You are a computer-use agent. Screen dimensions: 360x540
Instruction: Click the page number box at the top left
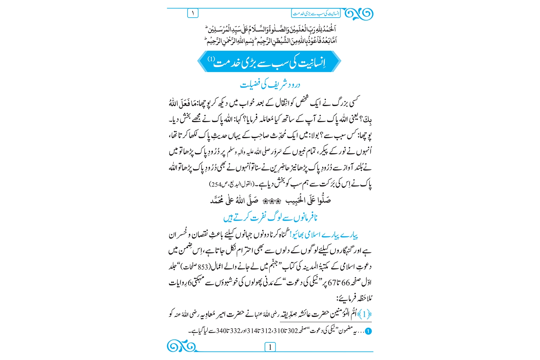tap(193, 13)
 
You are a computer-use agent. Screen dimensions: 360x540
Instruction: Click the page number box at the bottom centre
tap(270, 347)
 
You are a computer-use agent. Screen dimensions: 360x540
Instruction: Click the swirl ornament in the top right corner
tap(359, 14)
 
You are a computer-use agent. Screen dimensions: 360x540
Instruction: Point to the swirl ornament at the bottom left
tap(181, 347)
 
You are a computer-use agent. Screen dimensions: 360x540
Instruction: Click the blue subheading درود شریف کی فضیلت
tap(270, 85)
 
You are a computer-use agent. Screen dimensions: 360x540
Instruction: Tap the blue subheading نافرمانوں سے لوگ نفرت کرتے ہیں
tap(270, 218)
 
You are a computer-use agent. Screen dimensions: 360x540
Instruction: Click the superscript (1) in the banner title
tap(211, 59)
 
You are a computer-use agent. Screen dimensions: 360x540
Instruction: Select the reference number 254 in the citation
tap(216, 184)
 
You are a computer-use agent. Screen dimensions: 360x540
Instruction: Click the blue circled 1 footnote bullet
tap(368, 331)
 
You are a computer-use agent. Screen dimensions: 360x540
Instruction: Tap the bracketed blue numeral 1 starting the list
tap(366, 314)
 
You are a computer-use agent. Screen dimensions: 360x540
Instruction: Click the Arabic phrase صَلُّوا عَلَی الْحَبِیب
tap(308, 200)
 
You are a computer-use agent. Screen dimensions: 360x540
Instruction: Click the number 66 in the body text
tap(345, 283)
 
